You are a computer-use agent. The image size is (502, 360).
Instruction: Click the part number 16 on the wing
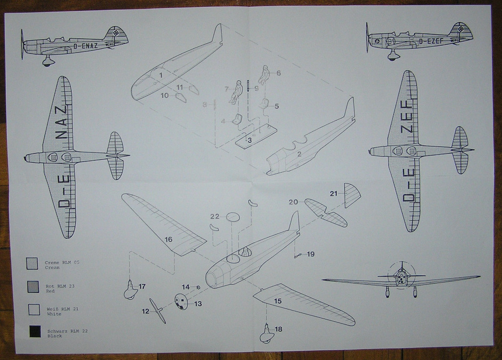168,239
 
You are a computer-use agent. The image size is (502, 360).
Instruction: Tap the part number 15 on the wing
278,301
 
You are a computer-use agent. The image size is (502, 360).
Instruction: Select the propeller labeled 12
158,310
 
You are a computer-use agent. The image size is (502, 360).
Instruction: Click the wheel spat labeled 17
131,290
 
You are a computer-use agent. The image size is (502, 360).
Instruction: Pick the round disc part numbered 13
181,301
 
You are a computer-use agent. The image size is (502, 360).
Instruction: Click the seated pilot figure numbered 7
236,92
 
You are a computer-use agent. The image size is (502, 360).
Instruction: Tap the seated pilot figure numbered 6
264,75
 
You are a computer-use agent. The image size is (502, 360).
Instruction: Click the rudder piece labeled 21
352,196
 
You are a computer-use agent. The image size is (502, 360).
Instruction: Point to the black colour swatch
35,332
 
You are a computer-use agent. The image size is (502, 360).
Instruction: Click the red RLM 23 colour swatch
33,286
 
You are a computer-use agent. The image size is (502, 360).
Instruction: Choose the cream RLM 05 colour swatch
32,263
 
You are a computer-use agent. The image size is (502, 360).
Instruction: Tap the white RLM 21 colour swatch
34,309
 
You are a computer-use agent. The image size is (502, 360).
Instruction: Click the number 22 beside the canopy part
215,216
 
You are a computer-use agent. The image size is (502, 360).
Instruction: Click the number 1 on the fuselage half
160,75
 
